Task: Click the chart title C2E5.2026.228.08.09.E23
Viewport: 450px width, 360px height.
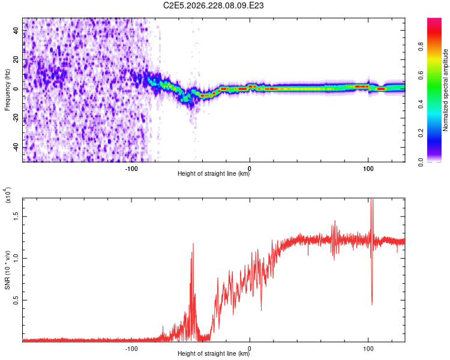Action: (213, 5)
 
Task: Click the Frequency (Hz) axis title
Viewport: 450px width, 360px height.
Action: (7, 90)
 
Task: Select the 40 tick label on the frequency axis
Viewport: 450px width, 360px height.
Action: (16, 30)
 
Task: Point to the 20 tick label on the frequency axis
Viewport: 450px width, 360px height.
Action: (16, 59)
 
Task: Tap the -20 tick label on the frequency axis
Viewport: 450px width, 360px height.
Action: (16, 118)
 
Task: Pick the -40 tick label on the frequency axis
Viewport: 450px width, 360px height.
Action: (16, 147)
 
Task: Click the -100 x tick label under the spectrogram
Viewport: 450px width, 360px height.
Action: (131, 169)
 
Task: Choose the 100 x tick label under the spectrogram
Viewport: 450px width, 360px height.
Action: (368, 169)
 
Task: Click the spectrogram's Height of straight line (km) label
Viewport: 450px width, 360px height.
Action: (214, 173)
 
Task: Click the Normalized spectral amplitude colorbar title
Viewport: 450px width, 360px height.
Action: (445, 90)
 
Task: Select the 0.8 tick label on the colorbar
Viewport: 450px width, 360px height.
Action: (421, 47)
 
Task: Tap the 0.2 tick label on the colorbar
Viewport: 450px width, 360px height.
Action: (421, 133)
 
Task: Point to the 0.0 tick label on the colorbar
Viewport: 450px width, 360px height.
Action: (421, 162)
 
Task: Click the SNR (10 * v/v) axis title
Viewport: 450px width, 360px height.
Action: (7, 270)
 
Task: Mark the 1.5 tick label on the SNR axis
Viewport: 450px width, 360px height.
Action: (16, 217)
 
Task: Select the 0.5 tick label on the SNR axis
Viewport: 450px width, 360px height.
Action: (16, 300)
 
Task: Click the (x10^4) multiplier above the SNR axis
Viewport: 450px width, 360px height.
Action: (7, 195)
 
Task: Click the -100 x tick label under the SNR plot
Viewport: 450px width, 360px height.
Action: (131, 349)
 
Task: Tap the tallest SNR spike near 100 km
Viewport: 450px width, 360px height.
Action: (372, 199)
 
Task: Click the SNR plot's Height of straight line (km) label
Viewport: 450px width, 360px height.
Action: (214, 353)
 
